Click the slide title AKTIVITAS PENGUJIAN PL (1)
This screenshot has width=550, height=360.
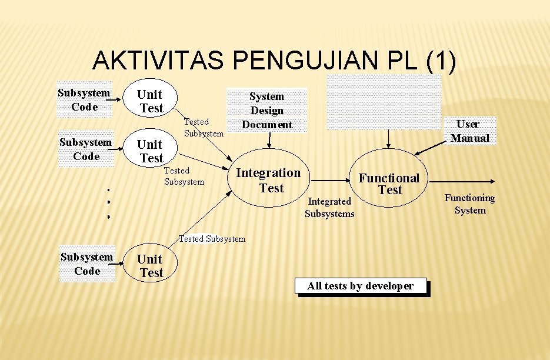274,61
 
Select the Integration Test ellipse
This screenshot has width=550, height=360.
268,181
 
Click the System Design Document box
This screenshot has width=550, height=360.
267,110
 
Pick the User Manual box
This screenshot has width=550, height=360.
469,131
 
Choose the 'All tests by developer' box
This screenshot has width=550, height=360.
360,286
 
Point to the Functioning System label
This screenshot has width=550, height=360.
469,204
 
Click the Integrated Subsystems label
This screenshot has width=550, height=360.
329,208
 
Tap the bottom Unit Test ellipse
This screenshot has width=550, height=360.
151,266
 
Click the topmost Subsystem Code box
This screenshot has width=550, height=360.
84,99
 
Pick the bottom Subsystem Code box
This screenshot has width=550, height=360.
87,264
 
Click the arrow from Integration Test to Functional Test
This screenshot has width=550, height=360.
331,181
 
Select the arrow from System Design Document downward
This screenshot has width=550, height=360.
269,140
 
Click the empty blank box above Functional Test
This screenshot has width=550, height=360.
384,102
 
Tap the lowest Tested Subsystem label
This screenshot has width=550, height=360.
212,239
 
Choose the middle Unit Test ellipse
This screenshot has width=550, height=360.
151,151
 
